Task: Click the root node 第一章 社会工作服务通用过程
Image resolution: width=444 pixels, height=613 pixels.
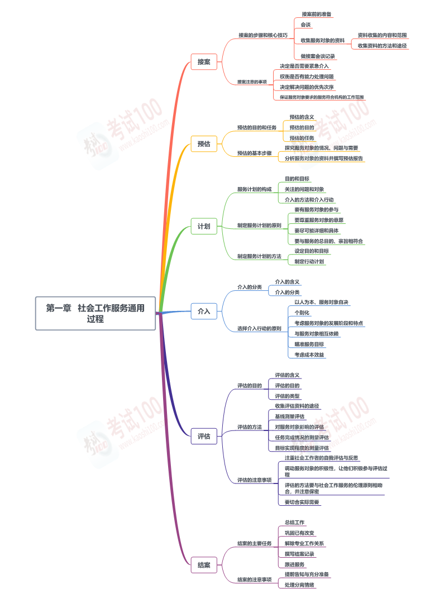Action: (x=96, y=313)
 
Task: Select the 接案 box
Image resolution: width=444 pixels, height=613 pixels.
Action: (x=204, y=61)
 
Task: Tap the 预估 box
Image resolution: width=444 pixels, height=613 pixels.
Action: (x=204, y=144)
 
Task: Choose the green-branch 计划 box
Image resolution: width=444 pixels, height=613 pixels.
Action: (x=204, y=226)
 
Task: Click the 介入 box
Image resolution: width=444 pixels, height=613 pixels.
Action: (x=204, y=311)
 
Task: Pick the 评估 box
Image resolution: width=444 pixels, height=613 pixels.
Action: (x=204, y=436)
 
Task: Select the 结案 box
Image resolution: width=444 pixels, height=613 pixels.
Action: (x=204, y=565)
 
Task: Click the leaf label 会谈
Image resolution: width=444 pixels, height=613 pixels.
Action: (x=306, y=25)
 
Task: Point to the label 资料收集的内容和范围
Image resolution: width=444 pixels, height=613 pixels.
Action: (x=382, y=35)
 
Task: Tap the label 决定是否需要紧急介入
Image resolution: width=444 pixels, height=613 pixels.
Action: (x=304, y=66)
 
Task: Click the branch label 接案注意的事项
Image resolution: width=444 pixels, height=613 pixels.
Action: (x=252, y=82)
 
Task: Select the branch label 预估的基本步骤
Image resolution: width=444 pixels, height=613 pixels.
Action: (x=254, y=153)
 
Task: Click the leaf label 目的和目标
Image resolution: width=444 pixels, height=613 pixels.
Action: (x=297, y=179)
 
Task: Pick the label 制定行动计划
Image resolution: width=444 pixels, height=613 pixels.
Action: (x=309, y=261)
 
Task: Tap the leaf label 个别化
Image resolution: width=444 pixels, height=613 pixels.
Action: (x=302, y=313)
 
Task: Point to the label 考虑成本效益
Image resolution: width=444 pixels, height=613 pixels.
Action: (x=309, y=355)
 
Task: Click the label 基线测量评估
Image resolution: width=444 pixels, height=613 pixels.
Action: (x=290, y=416)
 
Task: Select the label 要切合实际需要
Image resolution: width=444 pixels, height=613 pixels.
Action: (x=302, y=502)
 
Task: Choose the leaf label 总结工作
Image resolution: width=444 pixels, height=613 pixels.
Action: (x=294, y=523)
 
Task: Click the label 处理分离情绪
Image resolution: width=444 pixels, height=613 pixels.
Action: (x=299, y=585)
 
